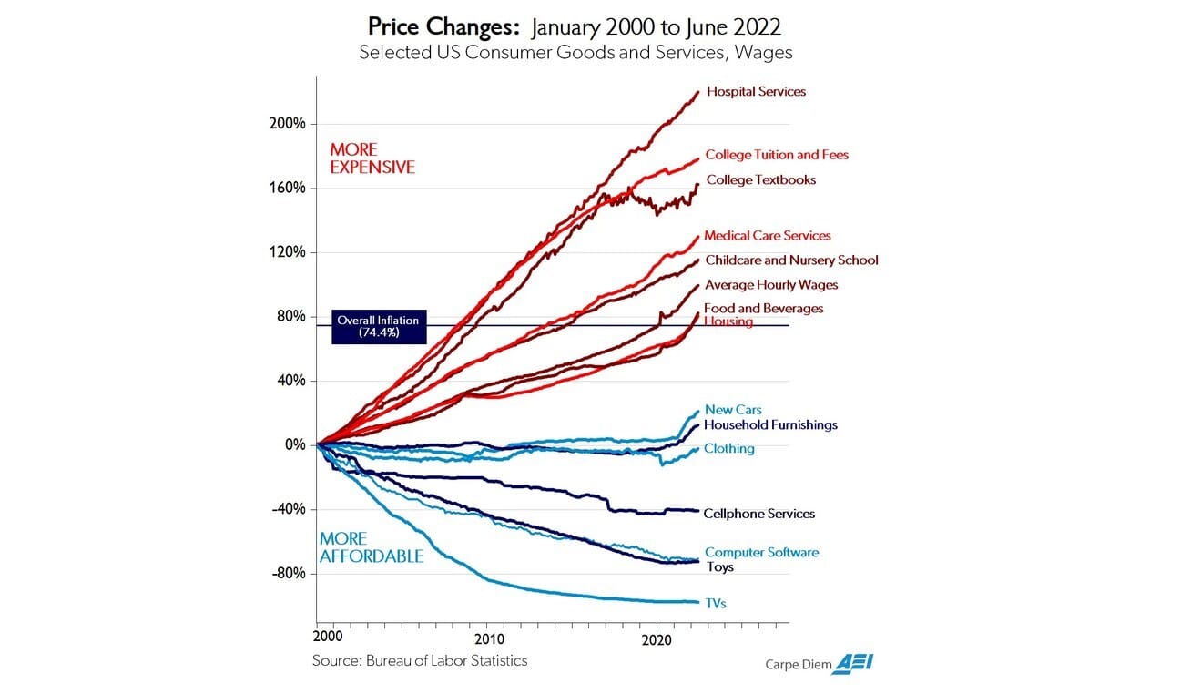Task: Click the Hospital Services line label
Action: tap(756, 92)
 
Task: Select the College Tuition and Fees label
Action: tap(777, 155)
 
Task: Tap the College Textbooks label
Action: tap(760, 180)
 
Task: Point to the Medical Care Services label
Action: tap(767, 236)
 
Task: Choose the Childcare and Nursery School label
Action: tap(791, 260)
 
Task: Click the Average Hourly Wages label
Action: tap(771, 285)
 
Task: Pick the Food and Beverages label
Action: tap(763, 309)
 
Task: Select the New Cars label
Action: tap(733, 410)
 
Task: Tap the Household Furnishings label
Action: tap(770, 424)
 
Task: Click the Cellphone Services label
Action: tap(758, 514)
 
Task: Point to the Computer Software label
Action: tap(761, 552)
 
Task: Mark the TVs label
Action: tap(715, 603)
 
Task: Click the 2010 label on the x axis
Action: tap(488, 638)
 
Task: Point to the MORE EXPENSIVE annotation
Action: tap(372, 158)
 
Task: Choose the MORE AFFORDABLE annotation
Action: tap(371, 547)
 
